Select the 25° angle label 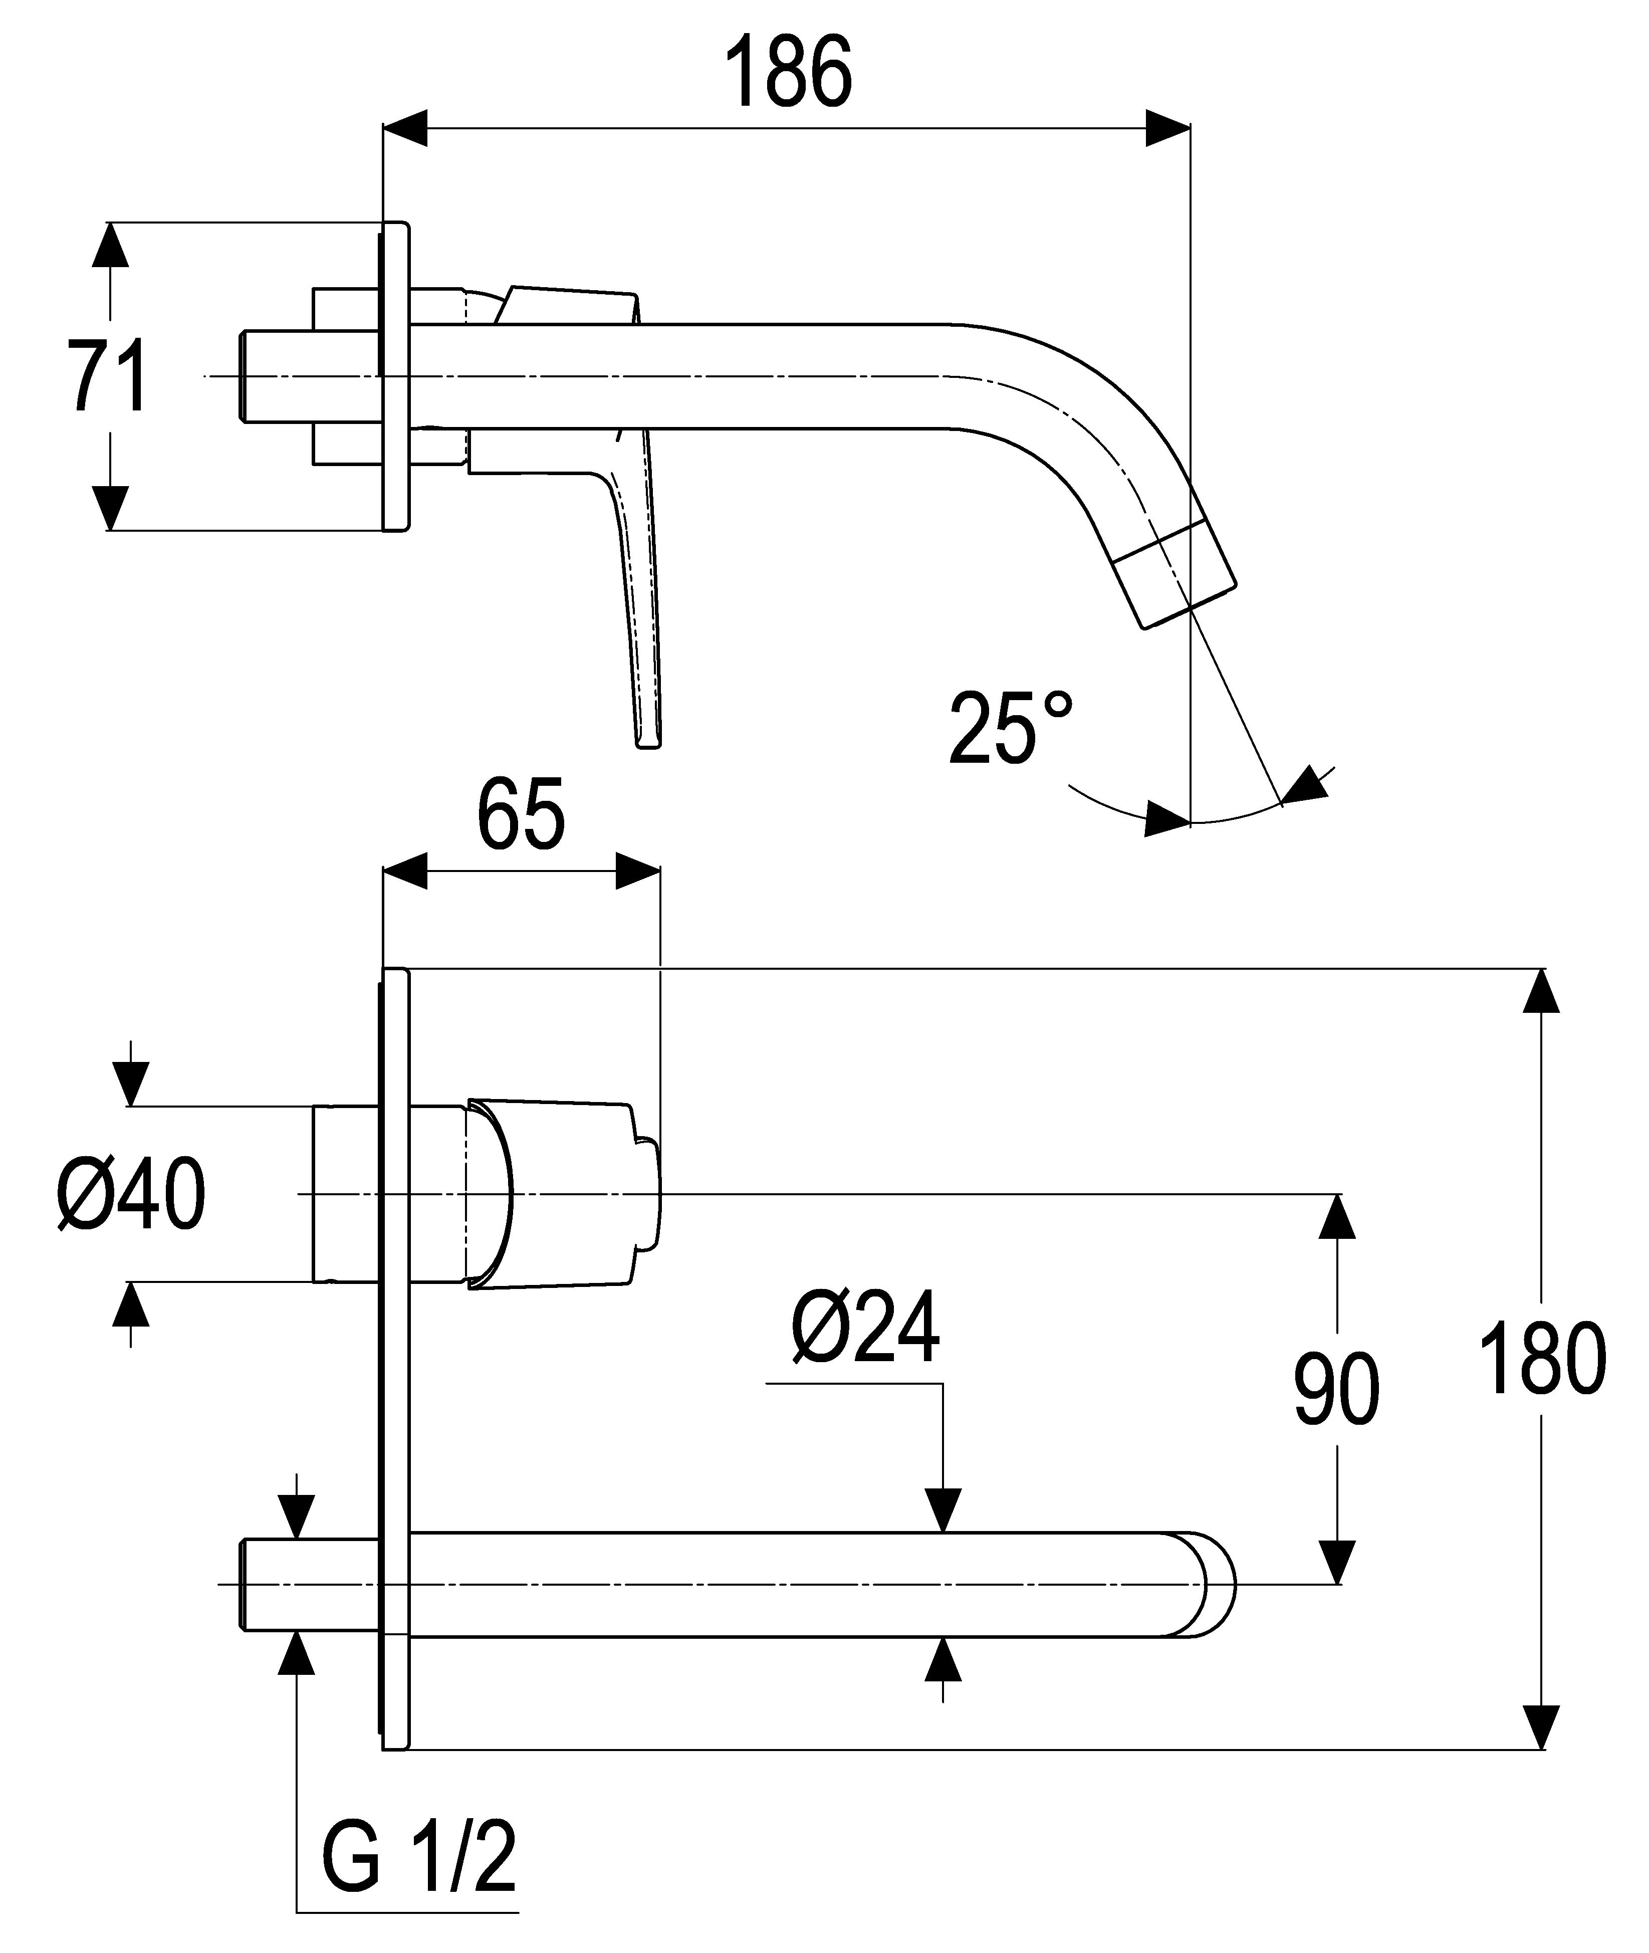[x=1011, y=728]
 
